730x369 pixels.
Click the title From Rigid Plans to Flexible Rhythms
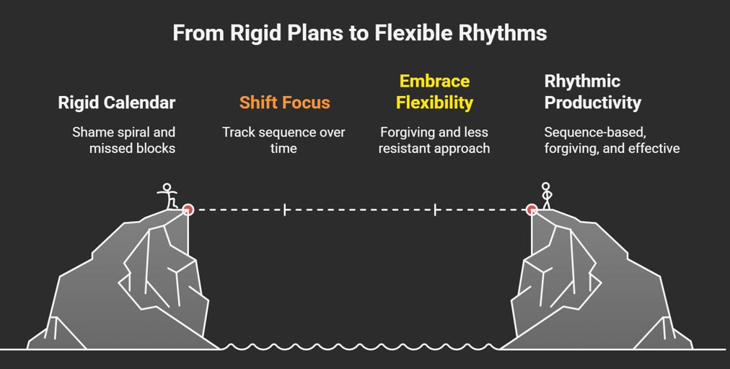pos(359,33)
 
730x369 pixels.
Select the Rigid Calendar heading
pos(116,103)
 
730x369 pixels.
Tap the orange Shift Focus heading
pos(284,103)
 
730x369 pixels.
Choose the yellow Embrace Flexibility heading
pos(434,92)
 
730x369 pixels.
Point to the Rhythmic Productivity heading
pos(592,92)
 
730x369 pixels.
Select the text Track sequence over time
pos(283,140)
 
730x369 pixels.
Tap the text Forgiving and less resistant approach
pos(434,140)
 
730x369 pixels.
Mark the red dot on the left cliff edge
pos(188,210)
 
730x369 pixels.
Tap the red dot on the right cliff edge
pos(532,210)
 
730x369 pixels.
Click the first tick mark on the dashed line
pos(286,210)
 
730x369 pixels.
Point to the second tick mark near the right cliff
pos(435,210)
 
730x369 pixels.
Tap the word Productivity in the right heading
pos(592,103)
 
